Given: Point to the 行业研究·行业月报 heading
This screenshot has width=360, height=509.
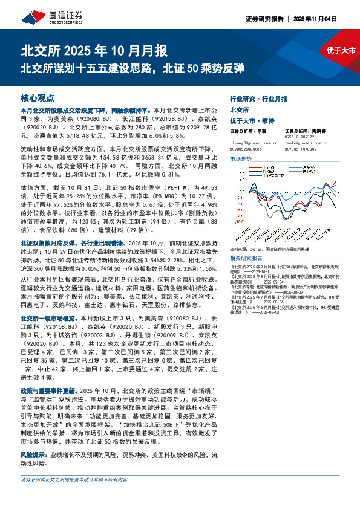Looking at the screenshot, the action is pos(258,98).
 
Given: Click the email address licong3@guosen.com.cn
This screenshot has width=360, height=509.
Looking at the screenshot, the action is pos(254,144).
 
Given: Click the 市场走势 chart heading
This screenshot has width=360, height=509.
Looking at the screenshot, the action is pos(241,158).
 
